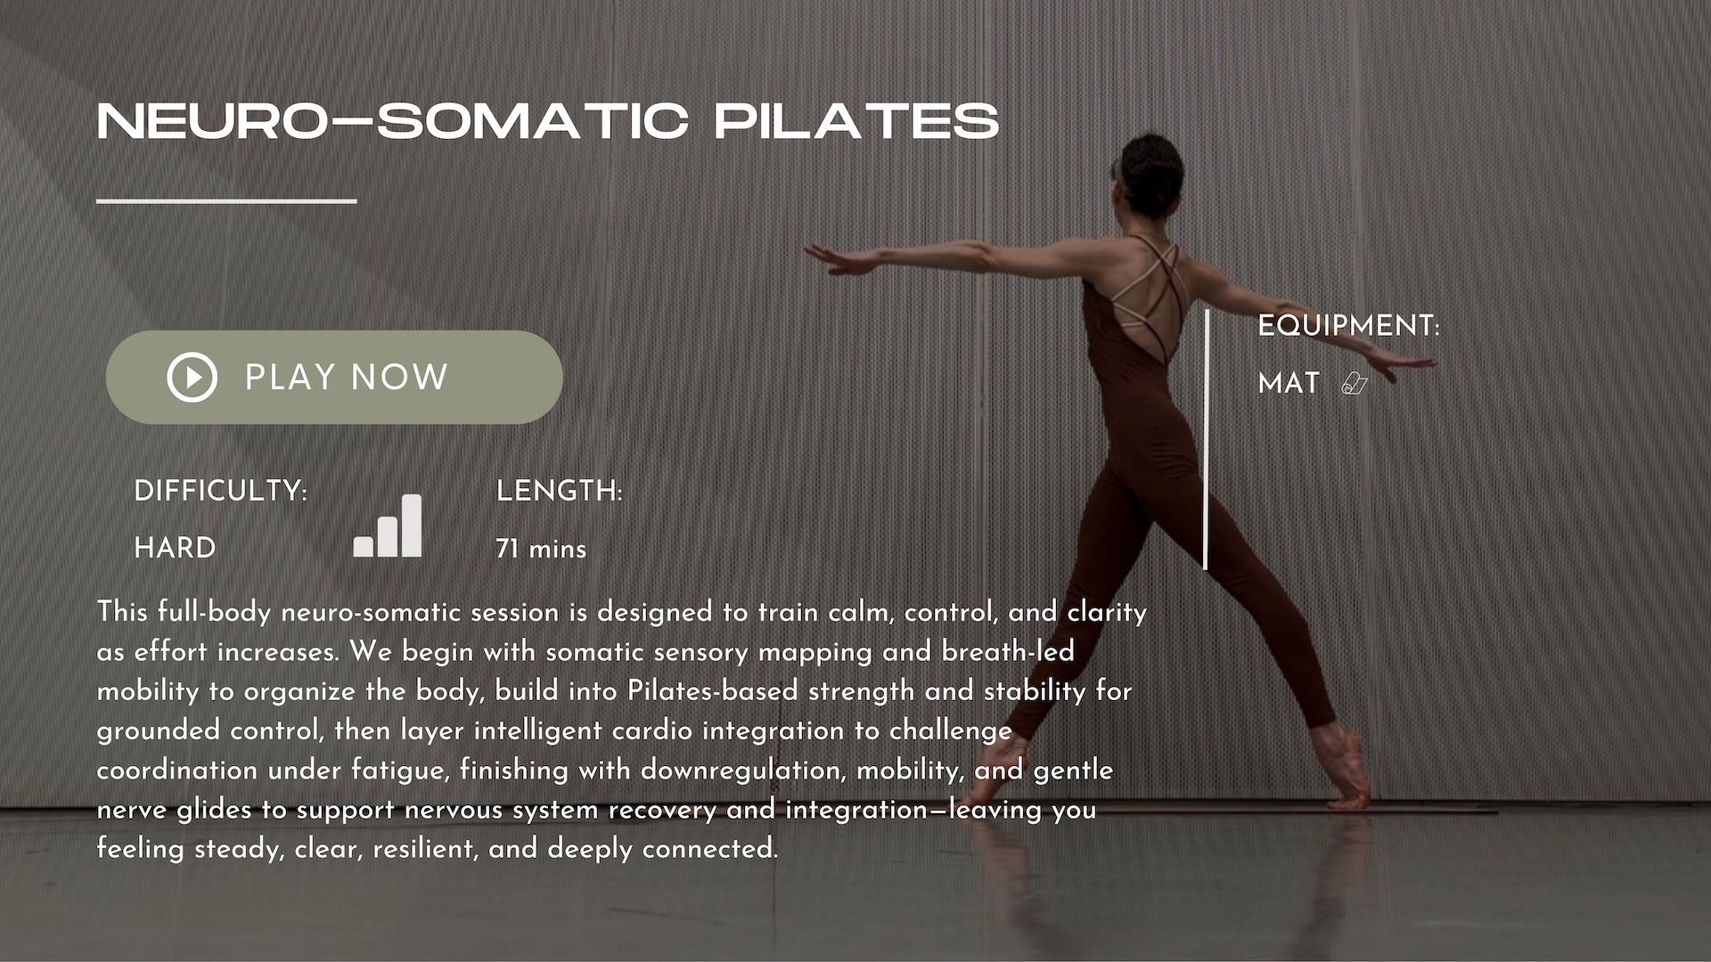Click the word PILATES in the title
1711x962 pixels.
point(856,121)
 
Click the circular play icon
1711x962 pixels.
point(192,377)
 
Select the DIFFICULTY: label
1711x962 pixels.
point(220,491)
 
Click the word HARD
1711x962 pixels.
point(175,547)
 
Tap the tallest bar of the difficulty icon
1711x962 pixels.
point(412,526)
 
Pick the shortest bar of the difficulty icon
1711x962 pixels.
point(364,547)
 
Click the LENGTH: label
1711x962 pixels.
point(559,491)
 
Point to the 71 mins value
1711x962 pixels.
point(541,549)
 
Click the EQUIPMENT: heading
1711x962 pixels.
point(1348,326)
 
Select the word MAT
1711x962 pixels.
point(1289,383)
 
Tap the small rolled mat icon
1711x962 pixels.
point(1355,384)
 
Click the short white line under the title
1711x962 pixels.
point(226,201)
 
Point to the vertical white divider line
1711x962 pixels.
point(1206,439)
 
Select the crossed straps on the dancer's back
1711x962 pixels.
point(1155,289)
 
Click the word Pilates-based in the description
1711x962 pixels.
point(712,691)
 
